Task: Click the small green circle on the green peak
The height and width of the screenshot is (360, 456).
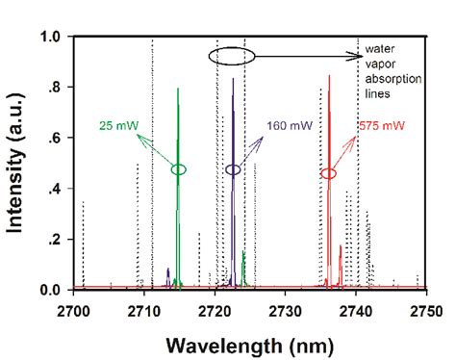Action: click(x=178, y=169)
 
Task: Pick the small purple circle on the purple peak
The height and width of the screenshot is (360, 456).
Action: click(x=233, y=169)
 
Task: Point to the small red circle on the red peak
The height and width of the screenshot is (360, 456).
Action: click(x=329, y=173)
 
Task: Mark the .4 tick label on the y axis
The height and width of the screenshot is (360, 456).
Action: click(x=58, y=189)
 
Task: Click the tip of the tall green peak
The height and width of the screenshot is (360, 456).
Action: click(x=178, y=89)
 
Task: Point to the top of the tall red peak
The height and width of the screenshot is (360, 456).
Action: click(x=330, y=75)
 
